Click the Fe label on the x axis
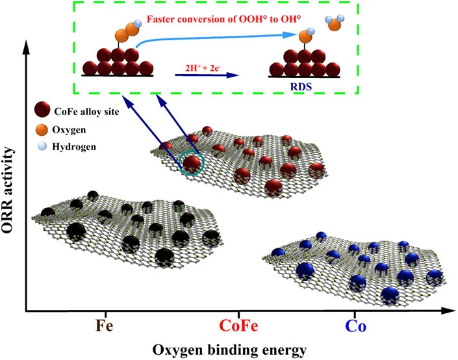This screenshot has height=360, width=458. pyautogui.click(x=103, y=324)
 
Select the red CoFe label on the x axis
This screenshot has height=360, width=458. pyautogui.click(x=238, y=324)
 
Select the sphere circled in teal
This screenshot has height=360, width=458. pyautogui.click(x=191, y=163)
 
